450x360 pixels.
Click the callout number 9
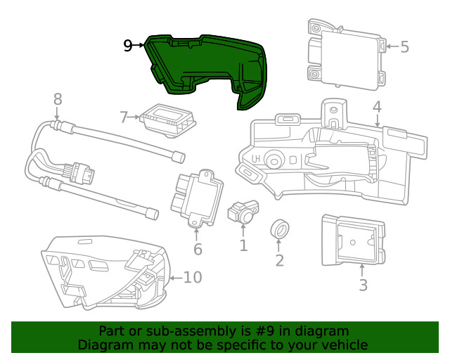127,46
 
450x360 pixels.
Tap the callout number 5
404,47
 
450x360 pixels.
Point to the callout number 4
377,107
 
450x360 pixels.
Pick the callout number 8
58,99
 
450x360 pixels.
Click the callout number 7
124,117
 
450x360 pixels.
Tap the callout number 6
198,249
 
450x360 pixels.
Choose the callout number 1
243,245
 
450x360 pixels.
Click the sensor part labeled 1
243,210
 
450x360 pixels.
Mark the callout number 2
279,261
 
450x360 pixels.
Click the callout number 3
363,285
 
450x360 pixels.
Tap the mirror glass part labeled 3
352,241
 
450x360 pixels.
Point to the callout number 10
192,277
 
